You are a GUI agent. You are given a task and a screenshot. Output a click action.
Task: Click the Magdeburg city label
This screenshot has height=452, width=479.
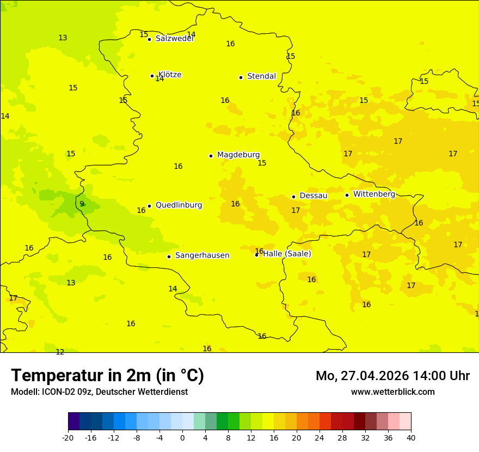(238, 155)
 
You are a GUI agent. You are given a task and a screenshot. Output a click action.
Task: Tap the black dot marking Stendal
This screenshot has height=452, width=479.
(241, 77)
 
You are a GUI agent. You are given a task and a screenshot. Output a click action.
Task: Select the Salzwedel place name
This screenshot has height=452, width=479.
(174, 39)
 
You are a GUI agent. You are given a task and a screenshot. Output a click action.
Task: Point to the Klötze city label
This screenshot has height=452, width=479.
(170, 75)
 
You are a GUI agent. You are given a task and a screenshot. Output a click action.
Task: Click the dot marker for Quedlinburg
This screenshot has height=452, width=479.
(149, 206)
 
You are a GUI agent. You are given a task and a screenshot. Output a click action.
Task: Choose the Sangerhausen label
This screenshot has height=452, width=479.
(202, 255)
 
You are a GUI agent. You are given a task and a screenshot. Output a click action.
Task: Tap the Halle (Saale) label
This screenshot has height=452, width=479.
(287, 254)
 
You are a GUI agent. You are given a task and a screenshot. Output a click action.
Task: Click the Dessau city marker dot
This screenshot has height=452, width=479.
(293, 197)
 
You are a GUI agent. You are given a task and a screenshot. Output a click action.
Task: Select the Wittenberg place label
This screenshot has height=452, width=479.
(374, 194)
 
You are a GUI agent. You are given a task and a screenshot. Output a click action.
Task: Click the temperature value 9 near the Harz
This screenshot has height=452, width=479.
(82, 204)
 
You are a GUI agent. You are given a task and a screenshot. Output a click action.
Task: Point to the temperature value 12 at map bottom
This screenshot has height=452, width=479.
(60, 352)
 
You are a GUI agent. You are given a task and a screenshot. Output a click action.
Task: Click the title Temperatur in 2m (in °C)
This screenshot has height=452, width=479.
(107, 376)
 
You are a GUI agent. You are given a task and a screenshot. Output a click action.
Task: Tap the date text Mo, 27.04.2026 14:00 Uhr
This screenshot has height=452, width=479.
(392, 376)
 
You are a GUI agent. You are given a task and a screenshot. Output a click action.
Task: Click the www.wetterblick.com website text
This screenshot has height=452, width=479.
(392, 392)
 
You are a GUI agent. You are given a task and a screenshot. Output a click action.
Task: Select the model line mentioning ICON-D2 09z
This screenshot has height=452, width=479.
(99, 392)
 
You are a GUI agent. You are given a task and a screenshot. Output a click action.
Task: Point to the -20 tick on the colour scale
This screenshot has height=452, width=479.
(68, 438)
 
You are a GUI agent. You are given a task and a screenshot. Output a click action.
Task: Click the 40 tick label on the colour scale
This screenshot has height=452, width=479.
(411, 438)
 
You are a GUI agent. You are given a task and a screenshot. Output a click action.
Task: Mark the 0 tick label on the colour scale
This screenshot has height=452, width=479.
(182, 438)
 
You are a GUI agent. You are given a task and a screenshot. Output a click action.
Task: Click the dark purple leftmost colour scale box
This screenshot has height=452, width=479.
(73, 422)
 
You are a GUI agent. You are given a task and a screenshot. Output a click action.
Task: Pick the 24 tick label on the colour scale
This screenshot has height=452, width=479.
(320, 438)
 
